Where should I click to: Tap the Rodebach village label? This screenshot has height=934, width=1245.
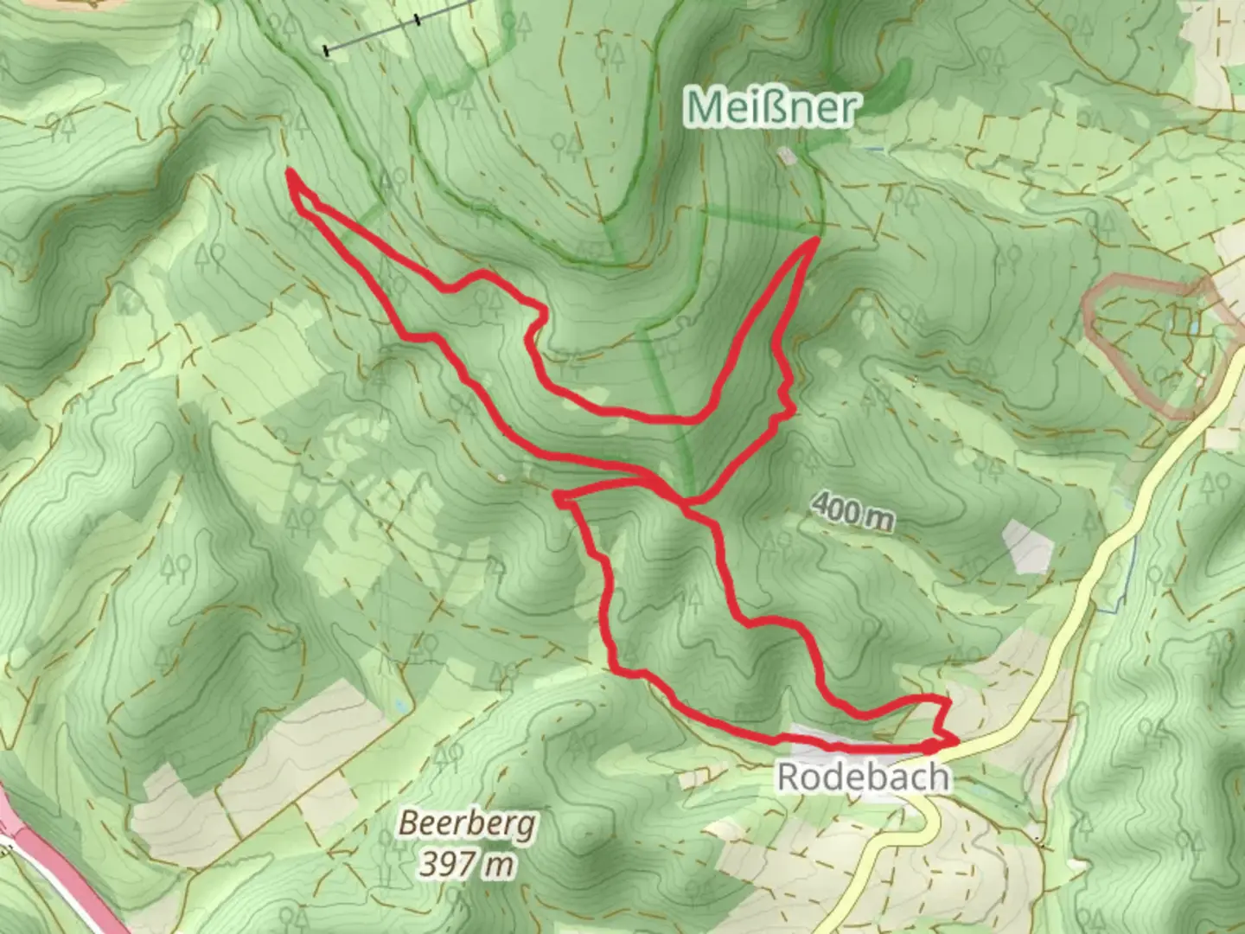click(x=863, y=777)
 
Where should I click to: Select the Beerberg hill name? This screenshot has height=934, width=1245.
click(x=467, y=824)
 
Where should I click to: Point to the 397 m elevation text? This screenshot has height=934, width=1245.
click(x=468, y=863)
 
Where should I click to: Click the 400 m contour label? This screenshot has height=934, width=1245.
click(x=853, y=515)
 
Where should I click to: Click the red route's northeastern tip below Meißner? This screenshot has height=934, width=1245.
click(x=815, y=240)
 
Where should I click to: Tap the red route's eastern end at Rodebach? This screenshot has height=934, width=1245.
click(x=955, y=740)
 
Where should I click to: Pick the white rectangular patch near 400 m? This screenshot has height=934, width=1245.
click(x=1028, y=546)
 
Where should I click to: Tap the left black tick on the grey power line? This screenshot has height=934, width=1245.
click(x=327, y=51)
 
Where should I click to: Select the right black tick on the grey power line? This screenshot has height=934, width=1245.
click(x=418, y=19)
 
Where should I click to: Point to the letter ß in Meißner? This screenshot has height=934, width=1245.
click(x=766, y=107)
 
